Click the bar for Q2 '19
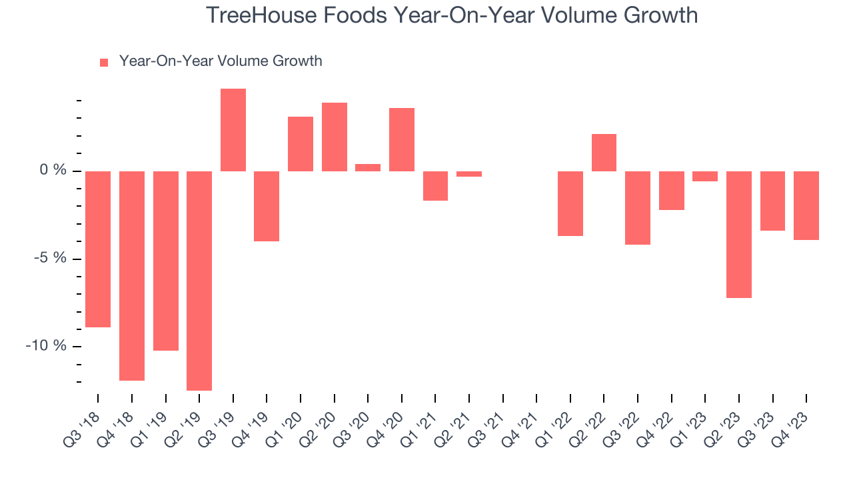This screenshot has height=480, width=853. click(x=199, y=280)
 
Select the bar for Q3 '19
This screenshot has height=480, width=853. click(x=233, y=130)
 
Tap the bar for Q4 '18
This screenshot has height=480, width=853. click(x=132, y=275)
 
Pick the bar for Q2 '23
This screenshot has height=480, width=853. click(x=739, y=234)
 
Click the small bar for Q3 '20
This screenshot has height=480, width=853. click(x=368, y=167)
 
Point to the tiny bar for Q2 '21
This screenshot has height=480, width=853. click(x=469, y=174)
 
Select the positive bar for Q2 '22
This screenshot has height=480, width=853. click(x=604, y=153)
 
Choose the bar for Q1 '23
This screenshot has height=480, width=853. click(x=705, y=176)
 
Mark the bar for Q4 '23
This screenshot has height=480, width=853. click(x=806, y=205)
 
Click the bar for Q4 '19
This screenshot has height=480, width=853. click(x=267, y=206)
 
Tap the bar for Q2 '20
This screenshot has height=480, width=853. click(x=335, y=137)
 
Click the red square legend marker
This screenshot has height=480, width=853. click(x=104, y=63)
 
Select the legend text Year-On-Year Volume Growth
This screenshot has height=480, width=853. click(x=221, y=61)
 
